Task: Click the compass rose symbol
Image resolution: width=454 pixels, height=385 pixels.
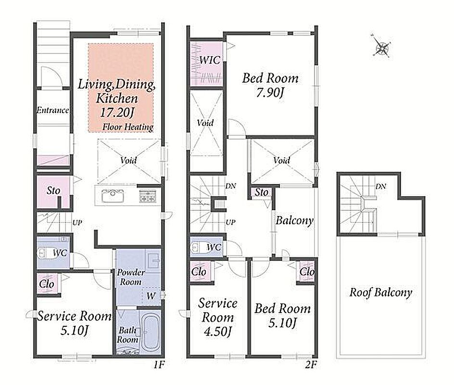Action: coord(381,46)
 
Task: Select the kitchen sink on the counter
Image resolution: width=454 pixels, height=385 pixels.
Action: coord(113,196)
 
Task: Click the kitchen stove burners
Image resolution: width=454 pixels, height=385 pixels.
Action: coord(148,196)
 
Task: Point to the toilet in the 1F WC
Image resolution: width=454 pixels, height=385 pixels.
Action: coord(44,253)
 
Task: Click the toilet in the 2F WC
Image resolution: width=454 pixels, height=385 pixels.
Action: coord(200,247)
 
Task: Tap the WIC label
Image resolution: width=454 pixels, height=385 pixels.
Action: coord(210,60)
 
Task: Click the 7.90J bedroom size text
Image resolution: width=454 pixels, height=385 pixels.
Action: coord(270,93)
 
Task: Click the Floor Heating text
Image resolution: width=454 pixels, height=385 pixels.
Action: coord(128,127)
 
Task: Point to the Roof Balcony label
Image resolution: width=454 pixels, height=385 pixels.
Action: coord(380,293)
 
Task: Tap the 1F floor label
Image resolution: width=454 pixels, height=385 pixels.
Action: coord(159,364)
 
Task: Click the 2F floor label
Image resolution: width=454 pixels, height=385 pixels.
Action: coord(311,364)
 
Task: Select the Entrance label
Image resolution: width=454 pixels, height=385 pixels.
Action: coord(53,110)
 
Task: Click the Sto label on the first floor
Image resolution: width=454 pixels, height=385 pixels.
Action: coord(53,190)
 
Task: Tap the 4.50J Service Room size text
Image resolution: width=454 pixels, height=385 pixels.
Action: coord(217,332)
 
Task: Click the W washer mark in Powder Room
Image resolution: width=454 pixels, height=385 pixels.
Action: coord(151,296)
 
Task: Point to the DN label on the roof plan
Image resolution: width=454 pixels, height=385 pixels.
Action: coord(381,187)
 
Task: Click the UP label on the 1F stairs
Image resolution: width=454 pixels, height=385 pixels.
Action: coord(77,222)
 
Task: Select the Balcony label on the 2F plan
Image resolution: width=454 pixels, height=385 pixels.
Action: coord(294,221)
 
